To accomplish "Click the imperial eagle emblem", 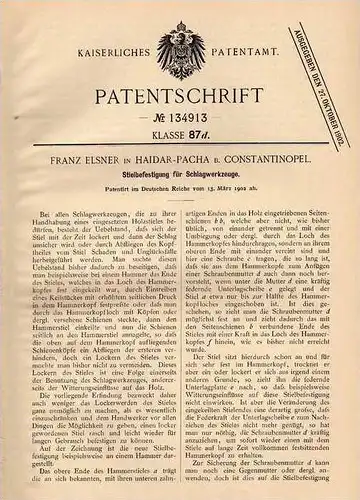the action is [179, 43].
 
